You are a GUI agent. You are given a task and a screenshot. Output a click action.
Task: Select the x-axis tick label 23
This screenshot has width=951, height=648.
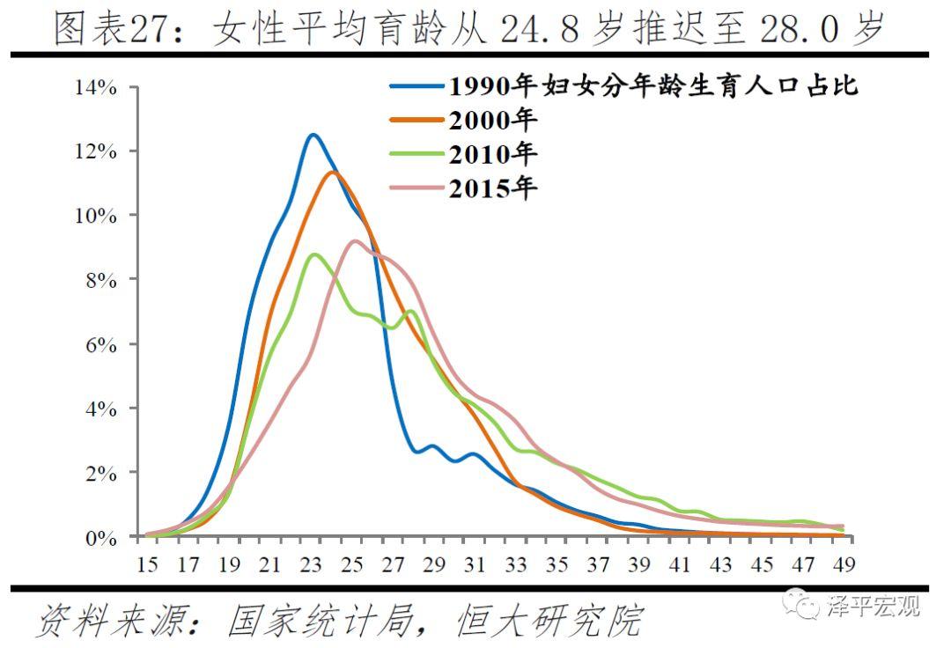tap(312, 563)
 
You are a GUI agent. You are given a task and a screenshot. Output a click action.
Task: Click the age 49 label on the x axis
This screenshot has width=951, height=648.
tap(844, 563)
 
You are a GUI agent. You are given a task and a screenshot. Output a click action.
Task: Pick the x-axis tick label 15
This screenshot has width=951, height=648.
tap(147, 563)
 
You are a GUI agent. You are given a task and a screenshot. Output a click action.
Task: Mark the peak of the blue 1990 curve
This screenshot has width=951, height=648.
tap(312, 135)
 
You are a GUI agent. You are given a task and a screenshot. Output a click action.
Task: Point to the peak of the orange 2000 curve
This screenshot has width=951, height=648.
tap(332, 172)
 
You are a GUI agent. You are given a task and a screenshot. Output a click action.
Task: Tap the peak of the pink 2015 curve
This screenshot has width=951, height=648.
tap(354, 240)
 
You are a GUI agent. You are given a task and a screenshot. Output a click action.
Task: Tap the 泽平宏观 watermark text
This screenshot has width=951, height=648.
tap(874, 606)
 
